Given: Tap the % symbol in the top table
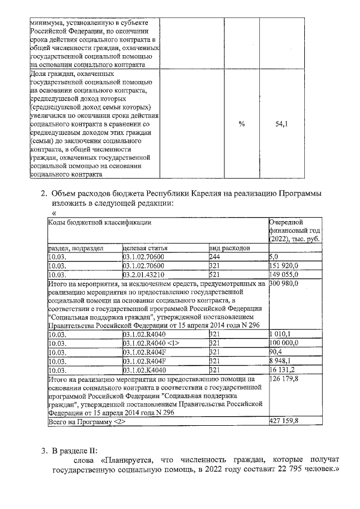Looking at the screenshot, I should tap(241, 124).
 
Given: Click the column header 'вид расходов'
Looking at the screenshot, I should tap(229, 248).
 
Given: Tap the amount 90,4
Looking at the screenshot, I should tap(277, 352).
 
